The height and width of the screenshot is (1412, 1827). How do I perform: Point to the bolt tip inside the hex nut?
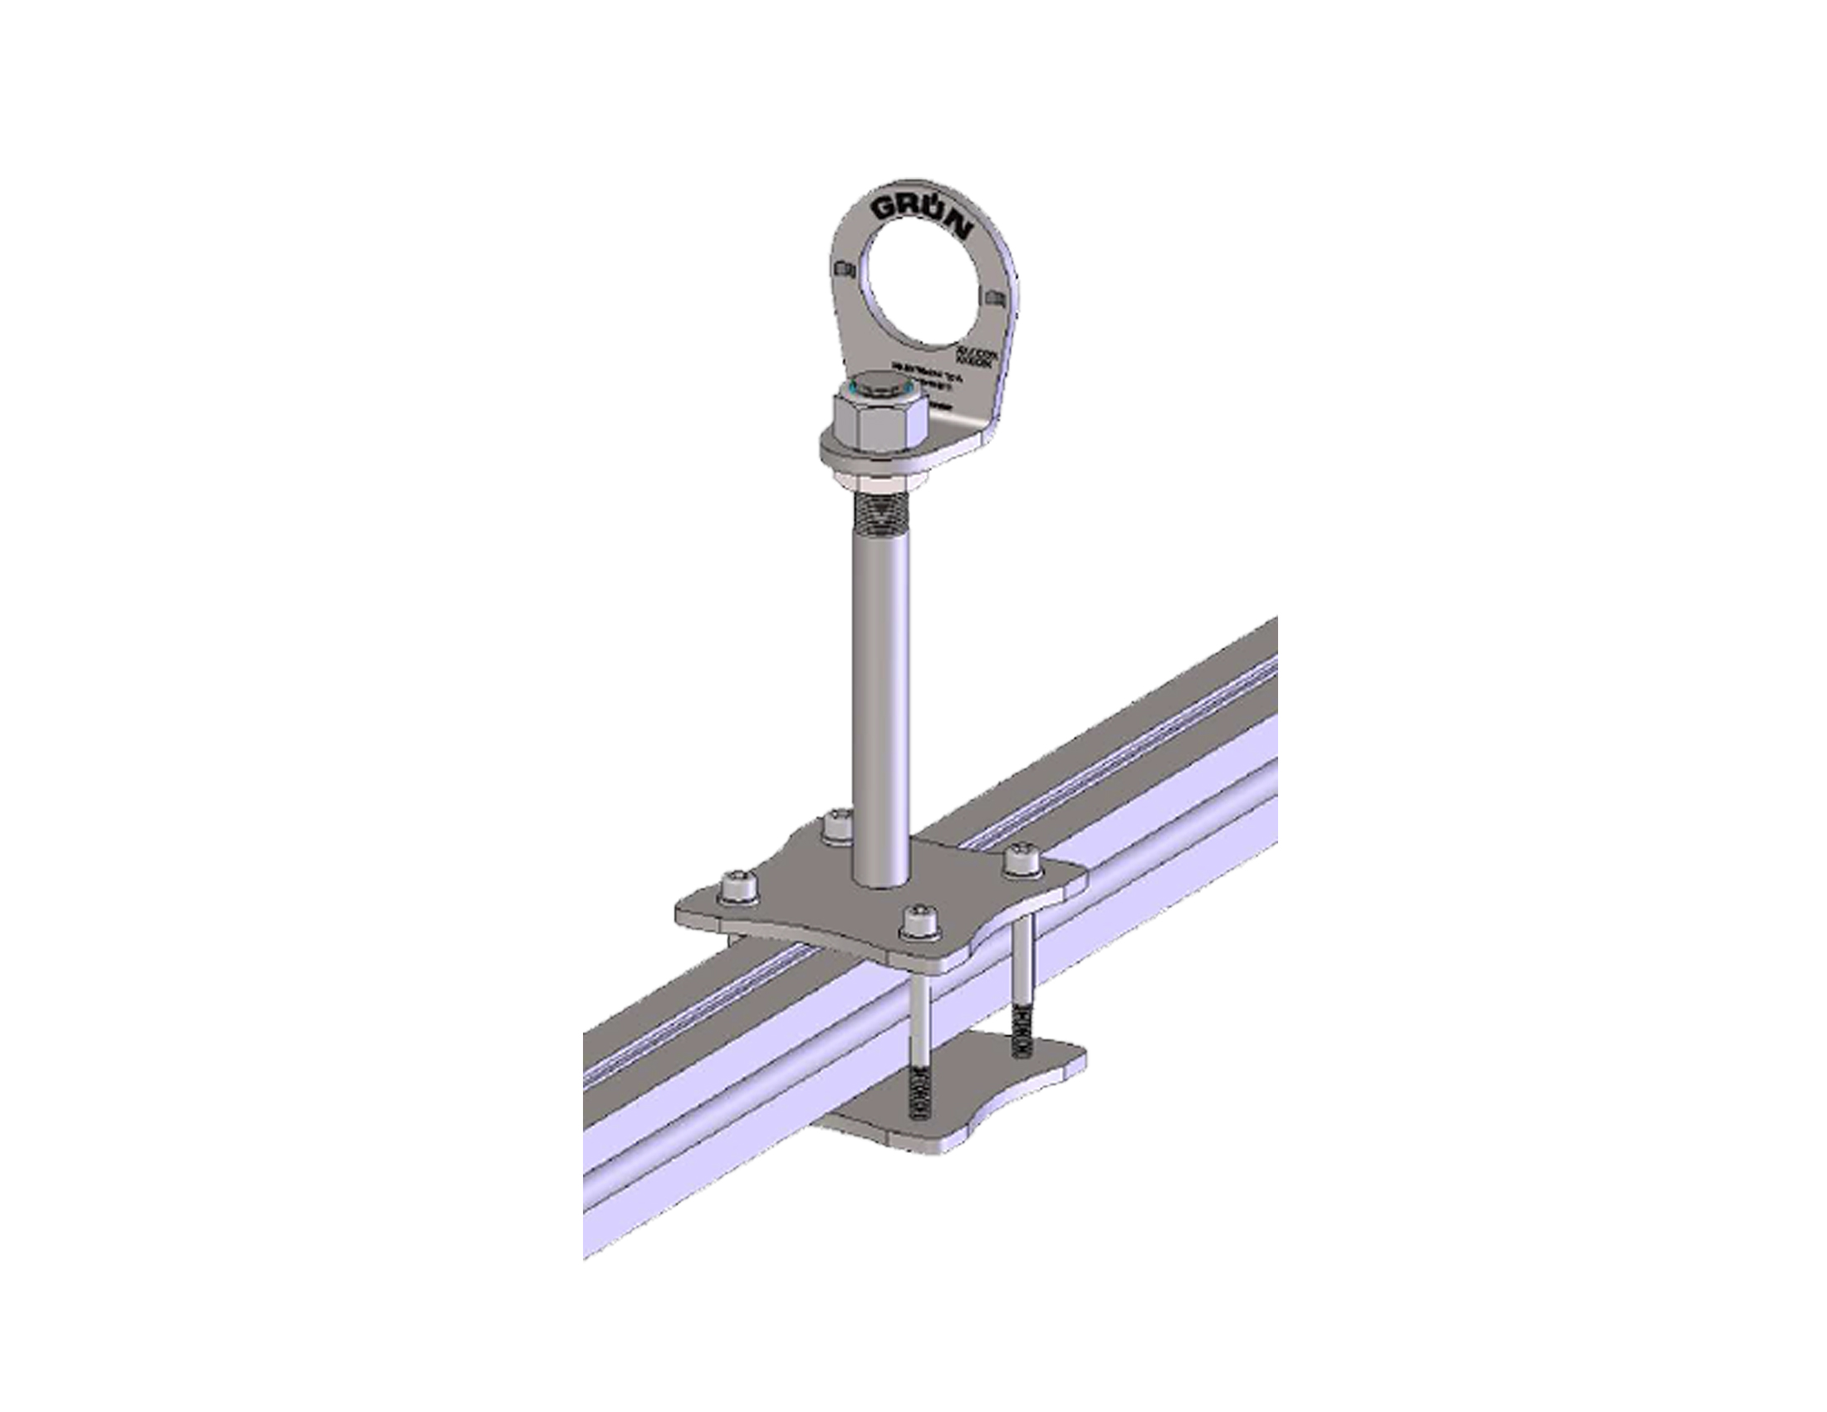coord(878,387)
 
